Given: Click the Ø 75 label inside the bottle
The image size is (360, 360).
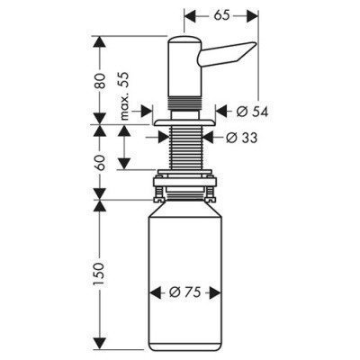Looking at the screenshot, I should pos(186,292).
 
